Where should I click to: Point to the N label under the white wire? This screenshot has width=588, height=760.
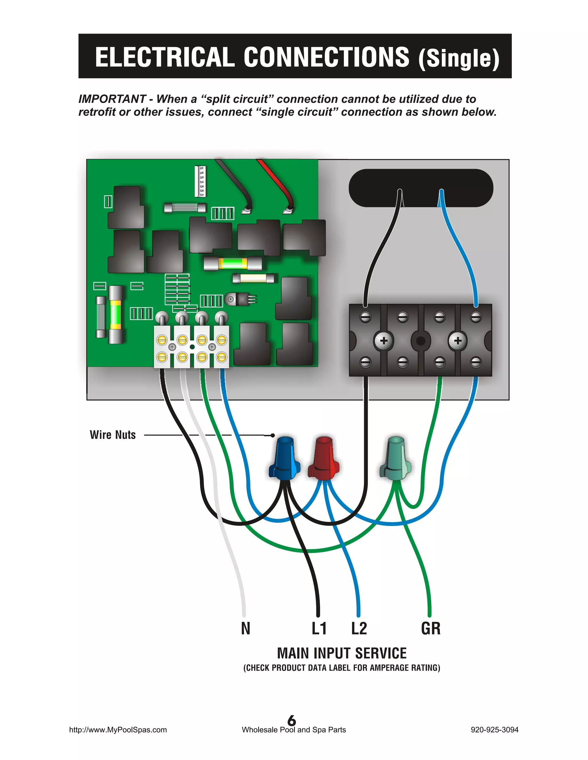pyautogui.click(x=245, y=628)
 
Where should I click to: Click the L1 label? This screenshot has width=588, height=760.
pyautogui.click(x=319, y=628)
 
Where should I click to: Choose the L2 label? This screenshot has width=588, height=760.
pyautogui.click(x=359, y=628)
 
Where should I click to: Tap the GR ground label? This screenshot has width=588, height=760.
pyautogui.click(x=431, y=628)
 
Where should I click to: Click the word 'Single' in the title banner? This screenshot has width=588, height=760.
pyautogui.click(x=459, y=58)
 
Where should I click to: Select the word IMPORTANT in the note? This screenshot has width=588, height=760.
pyautogui.click(x=112, y=99)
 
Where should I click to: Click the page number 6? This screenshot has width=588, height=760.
pyautogui.click(x=292, y=720)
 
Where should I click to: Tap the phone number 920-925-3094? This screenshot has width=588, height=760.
pyautogui.click(x=494, y=730)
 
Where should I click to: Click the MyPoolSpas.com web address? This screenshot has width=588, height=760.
pyautogui.click(x=118, y=730)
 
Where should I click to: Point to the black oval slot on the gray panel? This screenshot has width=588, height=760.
pyautogui.click(x=421, y=188)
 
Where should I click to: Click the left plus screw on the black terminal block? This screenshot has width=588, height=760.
pyautogui.click(x=384, y=341)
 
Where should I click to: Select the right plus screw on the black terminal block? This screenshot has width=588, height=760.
pyautogui.click(x=458, y=341)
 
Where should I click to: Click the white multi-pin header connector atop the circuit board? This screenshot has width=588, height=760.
pyautogui.click(x=200, y=181)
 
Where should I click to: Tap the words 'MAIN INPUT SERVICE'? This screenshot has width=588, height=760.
pyautogui.click(x=342, y=653)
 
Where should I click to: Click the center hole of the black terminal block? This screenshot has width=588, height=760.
pyautogui.click(x=420, y=341)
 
